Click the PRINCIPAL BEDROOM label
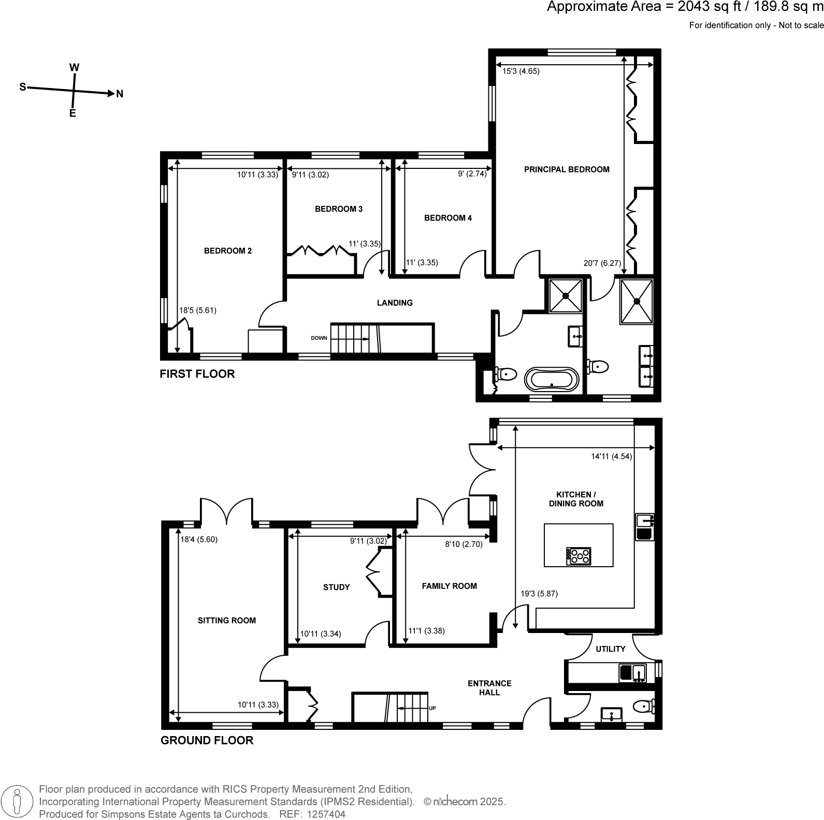click(567, 169)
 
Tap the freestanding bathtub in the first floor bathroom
click(551, 379)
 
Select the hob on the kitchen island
click(579, 556)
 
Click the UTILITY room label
click(610, 649)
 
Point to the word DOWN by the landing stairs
click(319, 338)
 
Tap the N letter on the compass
click(120, 94)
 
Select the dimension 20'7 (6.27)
click(602, 263)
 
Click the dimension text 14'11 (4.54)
click(611, 456)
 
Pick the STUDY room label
click(336, 587)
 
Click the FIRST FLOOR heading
click(197, 373)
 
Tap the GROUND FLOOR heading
click(207, 740)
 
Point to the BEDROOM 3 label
click(338, 209)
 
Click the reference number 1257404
click(326, 814)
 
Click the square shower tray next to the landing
click(565, 295)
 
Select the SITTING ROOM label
click(227, 620)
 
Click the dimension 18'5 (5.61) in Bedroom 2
click(197, 310)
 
